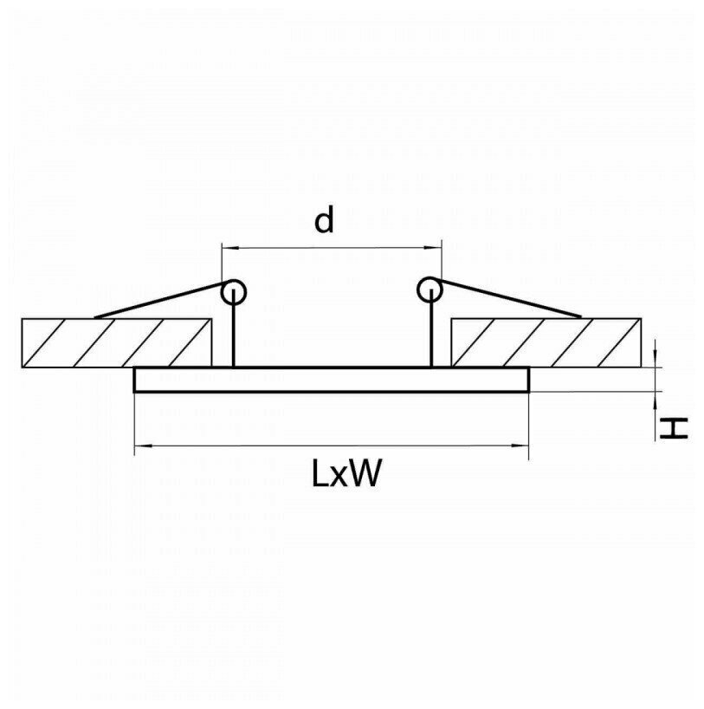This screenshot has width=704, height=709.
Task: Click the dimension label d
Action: pos(323,222)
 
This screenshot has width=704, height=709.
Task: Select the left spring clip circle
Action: pos(233,291)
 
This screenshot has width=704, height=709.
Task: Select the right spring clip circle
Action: pos(429,290)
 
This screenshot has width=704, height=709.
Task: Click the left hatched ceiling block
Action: pos(116,342)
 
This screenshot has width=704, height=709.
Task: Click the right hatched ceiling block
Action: pos(546,342)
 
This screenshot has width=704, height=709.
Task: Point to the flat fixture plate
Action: pos(331,380)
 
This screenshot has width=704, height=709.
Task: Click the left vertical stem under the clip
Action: pos(233,336)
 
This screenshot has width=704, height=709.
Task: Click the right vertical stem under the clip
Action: pos(430,336)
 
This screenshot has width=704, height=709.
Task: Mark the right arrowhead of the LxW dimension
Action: pos(524,446)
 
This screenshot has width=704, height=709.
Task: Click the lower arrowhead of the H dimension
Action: pos(657,399)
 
